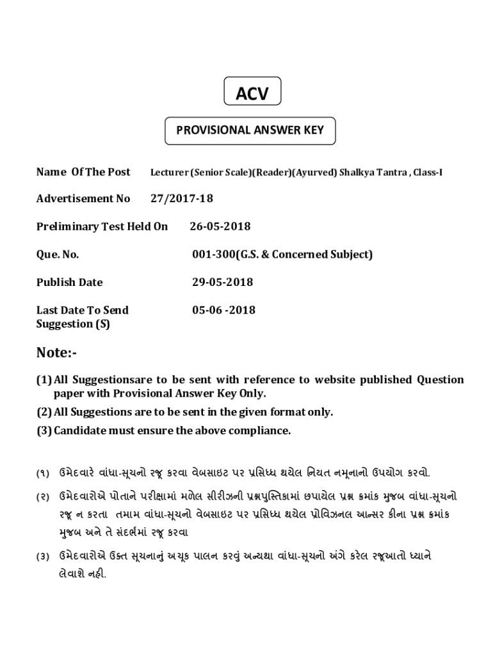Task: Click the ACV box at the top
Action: [x=252, y=94]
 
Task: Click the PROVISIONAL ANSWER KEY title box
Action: [x=250, y=130]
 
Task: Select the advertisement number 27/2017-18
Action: [x=182, y=198]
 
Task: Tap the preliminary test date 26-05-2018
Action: [x=220, y=226]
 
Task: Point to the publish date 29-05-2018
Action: [x=222, y=282]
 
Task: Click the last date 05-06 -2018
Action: [x=223, y=310]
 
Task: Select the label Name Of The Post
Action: [x=83, y=171]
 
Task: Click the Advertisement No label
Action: [x=83, y=198]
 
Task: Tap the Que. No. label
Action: [x=58, y=255]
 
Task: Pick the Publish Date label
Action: [x=69, y=282]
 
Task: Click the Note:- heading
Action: [x=56, y=352]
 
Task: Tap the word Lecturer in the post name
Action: [x=169, y=172]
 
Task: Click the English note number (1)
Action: [x=44, y=380]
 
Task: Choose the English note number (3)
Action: [x=44, y=430]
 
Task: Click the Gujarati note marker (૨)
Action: [x=43, y=496]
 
